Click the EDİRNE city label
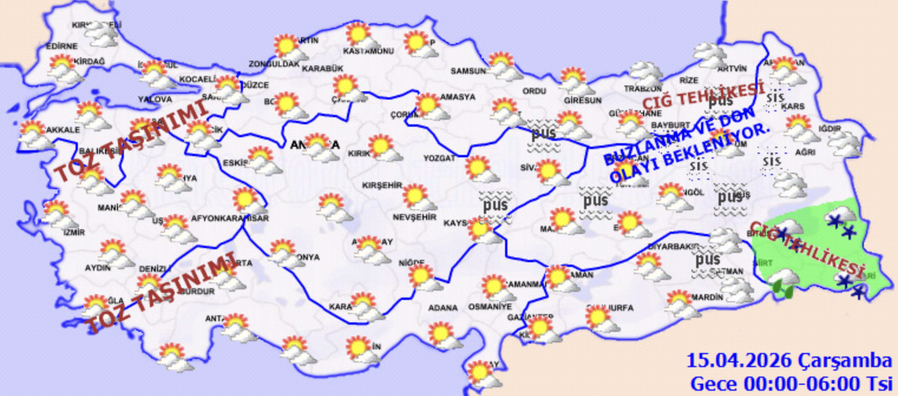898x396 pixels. tap(61, 46)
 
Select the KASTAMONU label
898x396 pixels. tap(368, 51)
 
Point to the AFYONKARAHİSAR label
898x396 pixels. tap(230, 218)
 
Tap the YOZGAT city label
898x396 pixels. tap(440, 158)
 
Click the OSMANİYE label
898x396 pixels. tap(490, 307)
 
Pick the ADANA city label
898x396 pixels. tap(443, 308)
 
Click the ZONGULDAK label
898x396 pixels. tap(274, 64)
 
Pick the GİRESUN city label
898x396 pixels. tap(582, 100)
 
